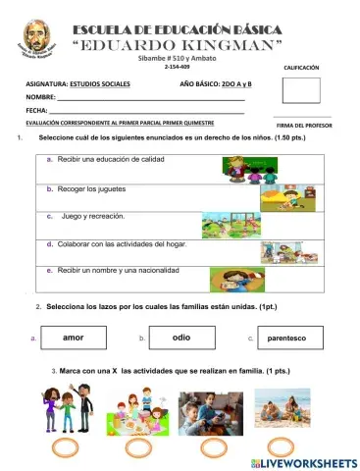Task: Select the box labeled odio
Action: point(181,338)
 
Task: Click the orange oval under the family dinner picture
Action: point(133,447)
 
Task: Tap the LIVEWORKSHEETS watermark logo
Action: point(300,460)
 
